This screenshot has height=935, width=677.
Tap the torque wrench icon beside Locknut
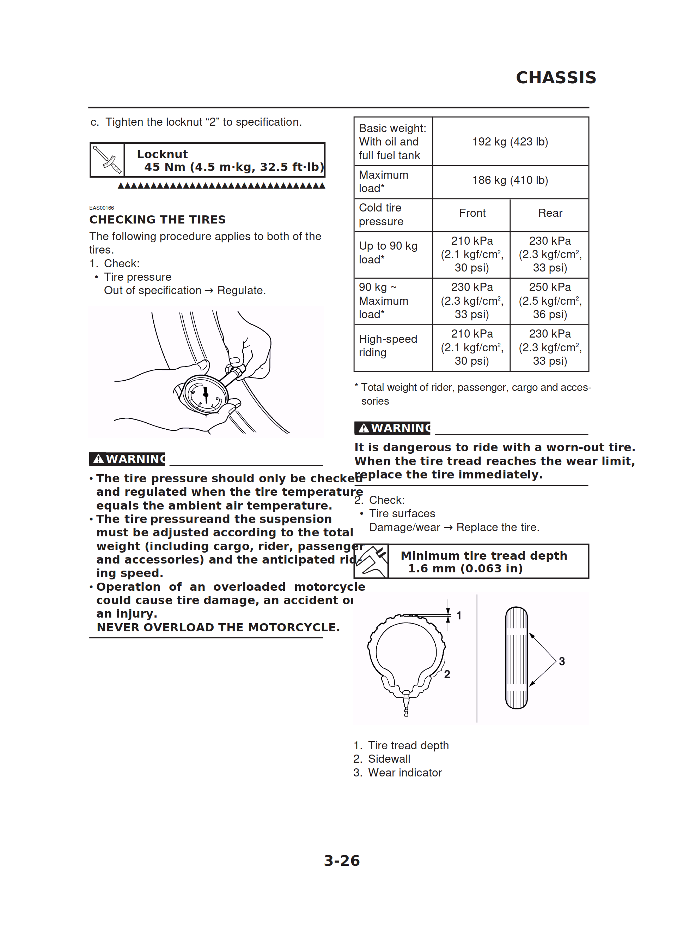pyautogui.click(x=107, y=160)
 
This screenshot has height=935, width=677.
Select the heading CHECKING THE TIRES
pyautogui.click(x=157, y=219)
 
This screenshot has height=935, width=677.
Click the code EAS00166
pyautogui.click(x=101, y=208)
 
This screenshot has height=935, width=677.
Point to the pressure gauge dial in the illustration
pyautogui.click(x=205, y=394)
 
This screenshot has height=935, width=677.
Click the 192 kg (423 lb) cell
pyautogui.click(x=510, y=142)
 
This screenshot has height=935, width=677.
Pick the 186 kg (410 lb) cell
pyautogui.click(x=510, y=180)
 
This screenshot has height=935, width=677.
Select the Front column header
pyautogui.click(x=472, y=213)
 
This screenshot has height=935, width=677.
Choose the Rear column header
pyautogui.click(x=550, y=213)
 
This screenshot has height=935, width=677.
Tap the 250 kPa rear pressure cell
pyautogui.click(x=550, y=300)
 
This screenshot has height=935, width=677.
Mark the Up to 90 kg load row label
pyautogui.click(x=388, y=253)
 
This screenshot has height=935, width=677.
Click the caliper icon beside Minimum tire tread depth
pyautogui.click(x=371, y=561)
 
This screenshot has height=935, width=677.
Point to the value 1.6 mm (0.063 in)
pyautogui.click(x=465, y=568)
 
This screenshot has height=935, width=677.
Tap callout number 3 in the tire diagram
pyautogui.click(x=561, y=661)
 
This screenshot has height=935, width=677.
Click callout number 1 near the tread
pyautogui.click(x=459, y=615)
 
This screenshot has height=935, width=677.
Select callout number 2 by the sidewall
pyautogui.click(x=447, y=674)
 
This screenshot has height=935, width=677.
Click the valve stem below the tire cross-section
pyautogui.click(x=406, y=705)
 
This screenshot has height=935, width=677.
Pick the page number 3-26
pyautogui.click(x=341, y=860)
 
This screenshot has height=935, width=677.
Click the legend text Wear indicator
pyautogui.click(x=404, y=773)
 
